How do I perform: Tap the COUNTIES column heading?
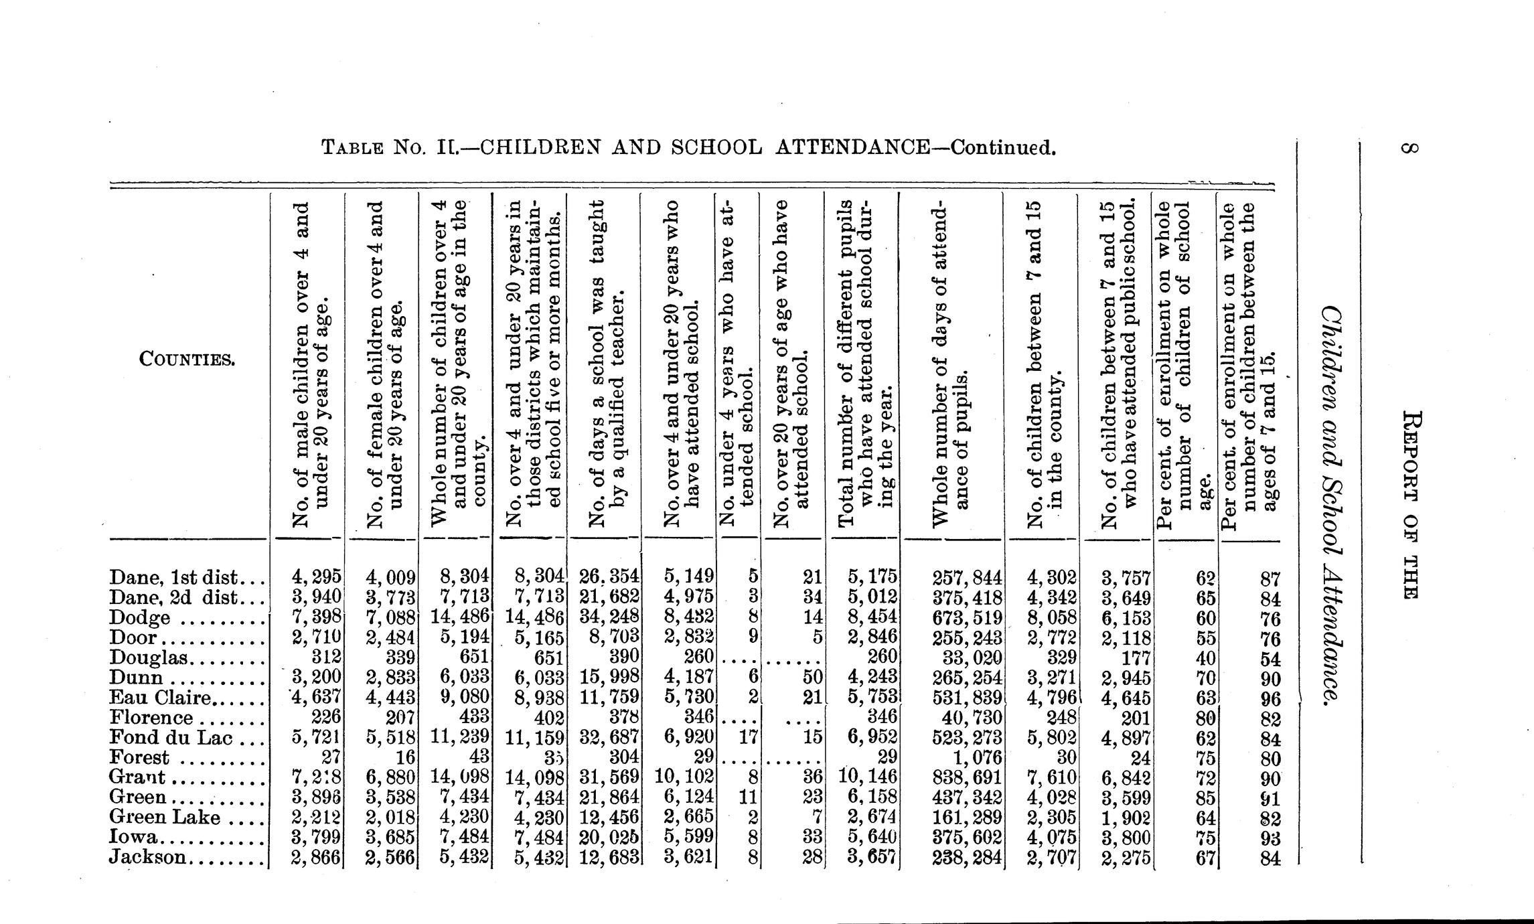(187, 360)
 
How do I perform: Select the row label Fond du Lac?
(170, 738)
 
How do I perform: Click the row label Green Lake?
(164, 818)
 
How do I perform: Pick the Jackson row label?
(147, 857)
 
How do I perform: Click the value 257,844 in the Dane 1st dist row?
(966, 578)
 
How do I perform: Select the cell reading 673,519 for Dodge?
(966, 617)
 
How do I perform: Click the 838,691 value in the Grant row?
(966, 778)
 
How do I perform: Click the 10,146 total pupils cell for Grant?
(868, 778)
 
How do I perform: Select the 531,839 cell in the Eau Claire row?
(966, 698)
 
